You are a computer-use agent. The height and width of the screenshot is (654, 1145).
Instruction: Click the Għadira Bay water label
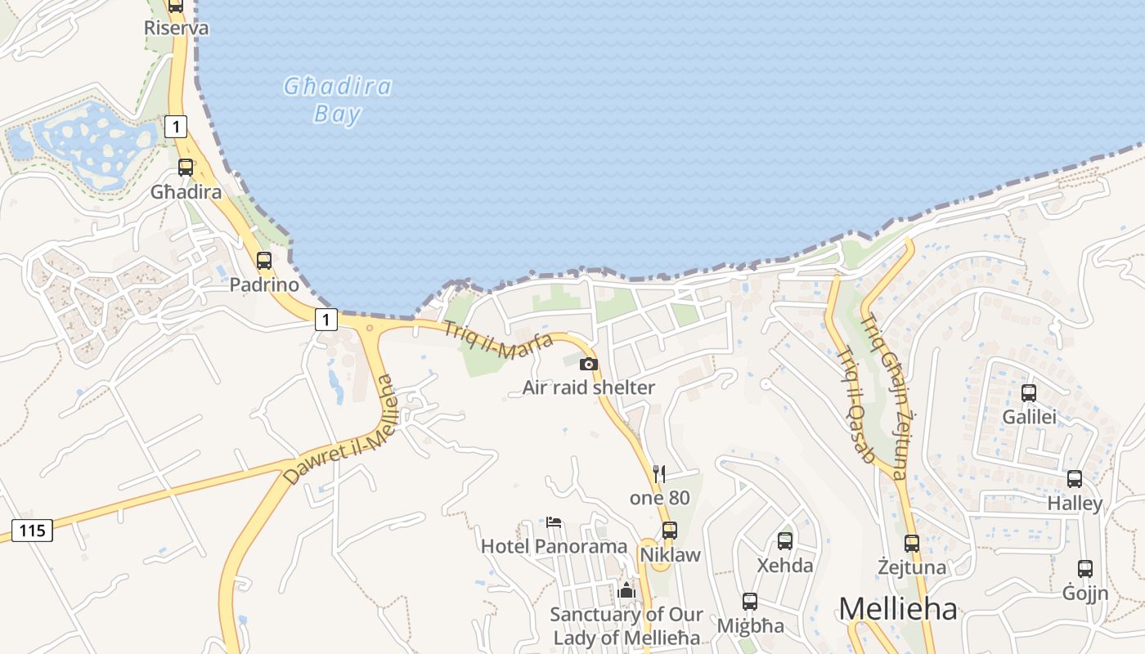[x=338, y=100]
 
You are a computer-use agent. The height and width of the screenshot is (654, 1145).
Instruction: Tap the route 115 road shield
[x=32, y=531]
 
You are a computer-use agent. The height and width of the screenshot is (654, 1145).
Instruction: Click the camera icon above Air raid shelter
[x=589, y=365]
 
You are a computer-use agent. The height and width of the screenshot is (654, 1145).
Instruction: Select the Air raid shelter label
[x=589, y=387]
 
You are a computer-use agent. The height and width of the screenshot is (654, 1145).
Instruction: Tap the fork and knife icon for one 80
[x=659, y=474]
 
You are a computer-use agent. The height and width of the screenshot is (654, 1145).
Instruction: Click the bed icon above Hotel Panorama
[x=554, y=522]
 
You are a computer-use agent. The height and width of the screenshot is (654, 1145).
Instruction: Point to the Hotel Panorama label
[x=554, y=546]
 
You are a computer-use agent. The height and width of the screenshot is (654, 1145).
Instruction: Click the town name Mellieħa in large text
[x=897, y=609]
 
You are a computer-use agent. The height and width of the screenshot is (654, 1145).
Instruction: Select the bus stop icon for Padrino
[x=264, y=261]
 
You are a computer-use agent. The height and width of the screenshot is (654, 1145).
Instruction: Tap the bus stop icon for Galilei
[x=1029, y=393]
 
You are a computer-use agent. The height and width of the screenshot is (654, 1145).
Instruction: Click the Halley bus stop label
[x=1075, y=504]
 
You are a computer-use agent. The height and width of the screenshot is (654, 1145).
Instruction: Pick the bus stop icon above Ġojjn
[x=1085, y=569]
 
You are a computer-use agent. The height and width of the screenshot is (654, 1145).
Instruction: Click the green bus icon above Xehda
[x=785, y=540]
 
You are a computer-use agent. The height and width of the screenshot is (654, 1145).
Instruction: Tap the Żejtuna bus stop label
[x=912, y=567]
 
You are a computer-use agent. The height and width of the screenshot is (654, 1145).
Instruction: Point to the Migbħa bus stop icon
[x=750, y=602]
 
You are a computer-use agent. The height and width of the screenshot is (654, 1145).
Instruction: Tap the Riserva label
[x=176, y=28]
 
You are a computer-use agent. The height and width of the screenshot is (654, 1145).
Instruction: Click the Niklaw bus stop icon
[x=670, y=530]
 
